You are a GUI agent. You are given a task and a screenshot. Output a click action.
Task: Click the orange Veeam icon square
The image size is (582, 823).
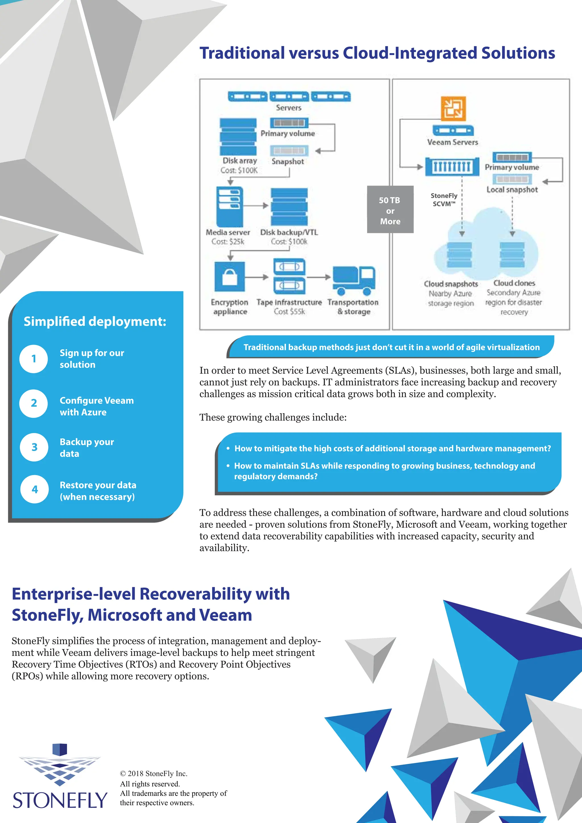pyautogui.click(x=453, y=108)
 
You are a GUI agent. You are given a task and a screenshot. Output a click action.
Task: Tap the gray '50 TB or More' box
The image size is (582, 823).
pyautogui.click(x=390, y=210)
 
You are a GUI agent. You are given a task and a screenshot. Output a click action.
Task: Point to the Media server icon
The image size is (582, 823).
pyautogui.click(x=229, y=207)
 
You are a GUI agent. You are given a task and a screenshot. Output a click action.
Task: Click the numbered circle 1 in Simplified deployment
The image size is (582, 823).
pyautogui.click(x=34, y=359)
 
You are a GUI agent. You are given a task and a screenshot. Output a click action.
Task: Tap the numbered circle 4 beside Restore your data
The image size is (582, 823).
pyautogui.click(x=35, y=489)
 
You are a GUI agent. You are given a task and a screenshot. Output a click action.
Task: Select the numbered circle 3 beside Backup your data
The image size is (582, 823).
pyautogui.click(x=34, y=447)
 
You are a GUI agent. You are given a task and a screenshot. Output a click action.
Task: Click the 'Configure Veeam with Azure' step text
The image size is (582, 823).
pyautogui.click(x=96, y=406)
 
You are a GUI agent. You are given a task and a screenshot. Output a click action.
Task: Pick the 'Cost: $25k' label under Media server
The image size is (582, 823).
pyautogui.click(x=228, y=242)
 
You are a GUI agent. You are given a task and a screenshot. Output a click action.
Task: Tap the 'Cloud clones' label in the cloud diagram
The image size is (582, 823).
pyautogui.click(x=514, y=283)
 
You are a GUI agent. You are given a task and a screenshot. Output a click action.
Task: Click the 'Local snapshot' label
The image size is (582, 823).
pyautogui.click(x=512, y=190)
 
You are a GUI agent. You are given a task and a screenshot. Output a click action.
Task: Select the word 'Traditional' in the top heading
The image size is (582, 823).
pyautogui.click(x=242, y=53)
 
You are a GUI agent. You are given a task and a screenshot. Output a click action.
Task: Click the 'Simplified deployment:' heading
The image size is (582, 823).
pyautogui.click(x=95, y=321)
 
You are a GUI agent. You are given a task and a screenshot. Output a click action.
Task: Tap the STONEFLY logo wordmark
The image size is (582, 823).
pyautogui.click(x=60, y=801)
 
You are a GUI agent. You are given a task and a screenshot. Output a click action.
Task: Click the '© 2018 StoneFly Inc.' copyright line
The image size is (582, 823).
pyautogui.click(x=153, y=774)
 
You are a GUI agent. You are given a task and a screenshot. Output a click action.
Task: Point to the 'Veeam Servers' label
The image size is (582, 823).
pyautogui.click(x=453, y=142)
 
